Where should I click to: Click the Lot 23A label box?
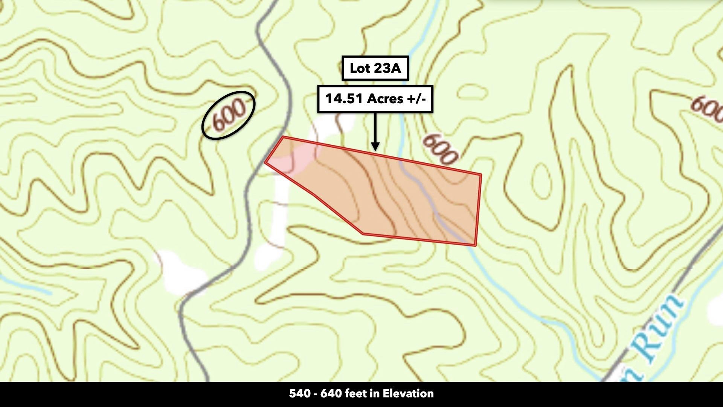coord(375,68)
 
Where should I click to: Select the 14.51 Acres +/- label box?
coord(375,99)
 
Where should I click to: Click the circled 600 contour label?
coord(229,115)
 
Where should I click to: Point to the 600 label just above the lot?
coord(440,149)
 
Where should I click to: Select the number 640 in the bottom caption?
coord(331,394)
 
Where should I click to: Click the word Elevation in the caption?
coord(408,394)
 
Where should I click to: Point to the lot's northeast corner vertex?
coord(481,174)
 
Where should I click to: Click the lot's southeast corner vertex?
coord(475,245)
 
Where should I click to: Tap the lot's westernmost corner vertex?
coord(265,162)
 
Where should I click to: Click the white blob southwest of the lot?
coord(183,271)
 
